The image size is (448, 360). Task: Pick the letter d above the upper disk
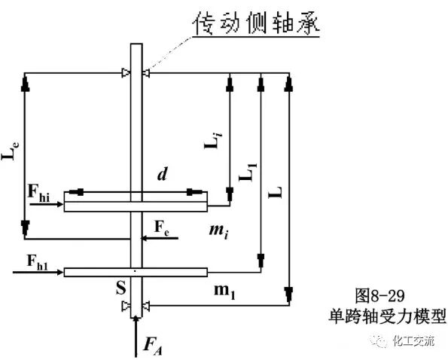162,175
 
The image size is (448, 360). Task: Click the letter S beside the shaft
117,288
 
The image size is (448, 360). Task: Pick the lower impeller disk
136,271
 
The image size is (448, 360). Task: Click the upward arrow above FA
136,331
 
